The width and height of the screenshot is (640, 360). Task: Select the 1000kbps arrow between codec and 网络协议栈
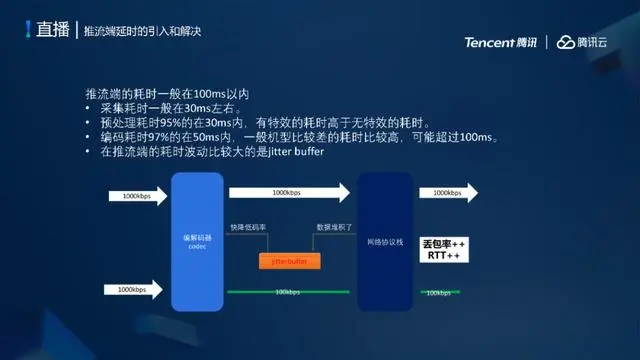click(x=290, y=192)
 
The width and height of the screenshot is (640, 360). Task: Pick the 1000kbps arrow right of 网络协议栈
click(x=455, y=192)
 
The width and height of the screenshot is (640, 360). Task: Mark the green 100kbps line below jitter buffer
click(x=288, y=292)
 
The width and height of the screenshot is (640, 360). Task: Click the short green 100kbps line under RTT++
click(x=438, y=292)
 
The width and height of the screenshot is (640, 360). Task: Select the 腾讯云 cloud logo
click(x=587, y=42)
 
